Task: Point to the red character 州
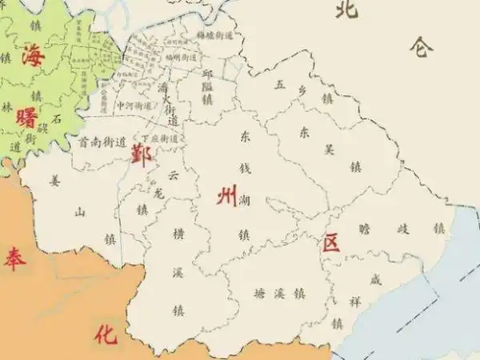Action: coord(226,196)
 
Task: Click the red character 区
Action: coord(331,242)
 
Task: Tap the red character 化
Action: coord(105,334)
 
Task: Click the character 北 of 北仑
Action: coord(346,10)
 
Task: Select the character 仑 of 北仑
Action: coord(421,47)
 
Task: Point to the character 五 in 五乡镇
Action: coord(278,83)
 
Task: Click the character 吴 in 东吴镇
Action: coord(328,149)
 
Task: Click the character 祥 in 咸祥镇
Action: coord(355,302)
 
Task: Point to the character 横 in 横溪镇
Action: coord(178,233)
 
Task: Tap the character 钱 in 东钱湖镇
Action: coord(245,169)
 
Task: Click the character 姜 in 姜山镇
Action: coord(54,181)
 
